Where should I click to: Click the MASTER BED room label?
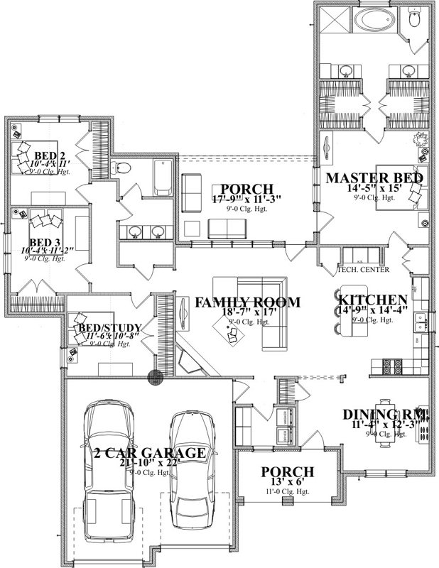pos(374,177)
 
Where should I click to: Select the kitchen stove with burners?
pos(392,367)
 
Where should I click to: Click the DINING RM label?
pos(385,415)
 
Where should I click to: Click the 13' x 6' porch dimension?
pos(286,483)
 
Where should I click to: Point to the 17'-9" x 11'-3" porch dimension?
pos(246,200)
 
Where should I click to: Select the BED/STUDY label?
pos(109,327)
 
